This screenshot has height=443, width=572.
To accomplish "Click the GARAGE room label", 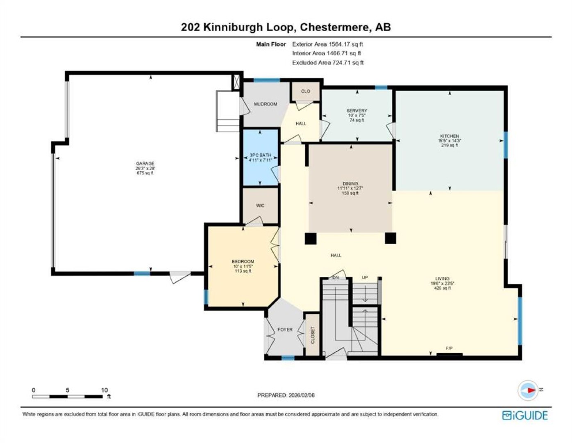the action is (x=145, y=163).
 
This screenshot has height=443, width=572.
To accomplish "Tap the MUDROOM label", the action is (x=266, y=104).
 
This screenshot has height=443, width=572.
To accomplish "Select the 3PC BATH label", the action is (x=260, y=155).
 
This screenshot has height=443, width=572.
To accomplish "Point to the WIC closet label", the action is (x=260, y=206).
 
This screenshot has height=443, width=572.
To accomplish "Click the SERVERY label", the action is (x=356, y=111).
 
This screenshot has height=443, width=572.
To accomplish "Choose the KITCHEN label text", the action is (x=449, y=136).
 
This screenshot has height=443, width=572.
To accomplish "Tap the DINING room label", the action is (x=350, y=183).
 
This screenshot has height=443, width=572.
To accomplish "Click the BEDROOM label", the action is (x=243, y=261).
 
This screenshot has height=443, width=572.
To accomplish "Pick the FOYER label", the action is (x=285, y=330).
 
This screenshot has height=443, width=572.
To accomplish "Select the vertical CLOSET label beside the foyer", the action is (x=313, y=335).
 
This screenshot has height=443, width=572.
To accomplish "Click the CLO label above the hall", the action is (x=306, y=91).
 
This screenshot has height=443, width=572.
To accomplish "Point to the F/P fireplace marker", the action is (x=449, y=348).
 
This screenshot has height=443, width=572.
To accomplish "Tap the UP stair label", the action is (x=365, y=278).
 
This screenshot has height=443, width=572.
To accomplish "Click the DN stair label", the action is (x=336, y=278).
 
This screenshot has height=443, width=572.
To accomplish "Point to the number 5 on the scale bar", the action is (x=68, y=390).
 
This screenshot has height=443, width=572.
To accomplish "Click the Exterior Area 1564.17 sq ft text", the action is (x=328, y=44).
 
